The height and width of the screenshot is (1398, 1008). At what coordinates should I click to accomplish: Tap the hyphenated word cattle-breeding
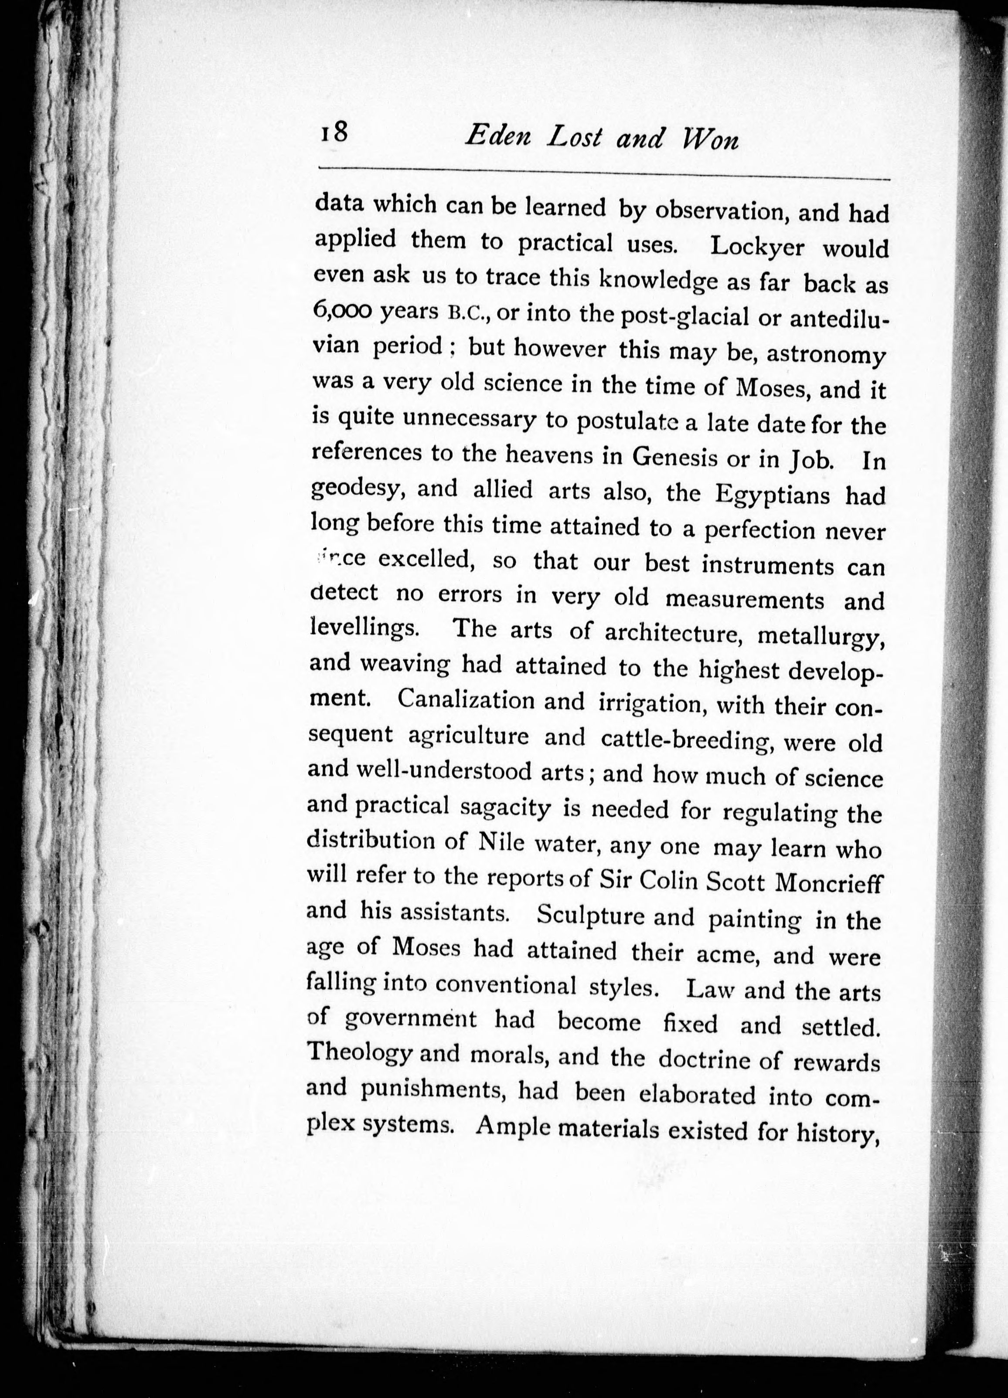(x=688, y=739)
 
